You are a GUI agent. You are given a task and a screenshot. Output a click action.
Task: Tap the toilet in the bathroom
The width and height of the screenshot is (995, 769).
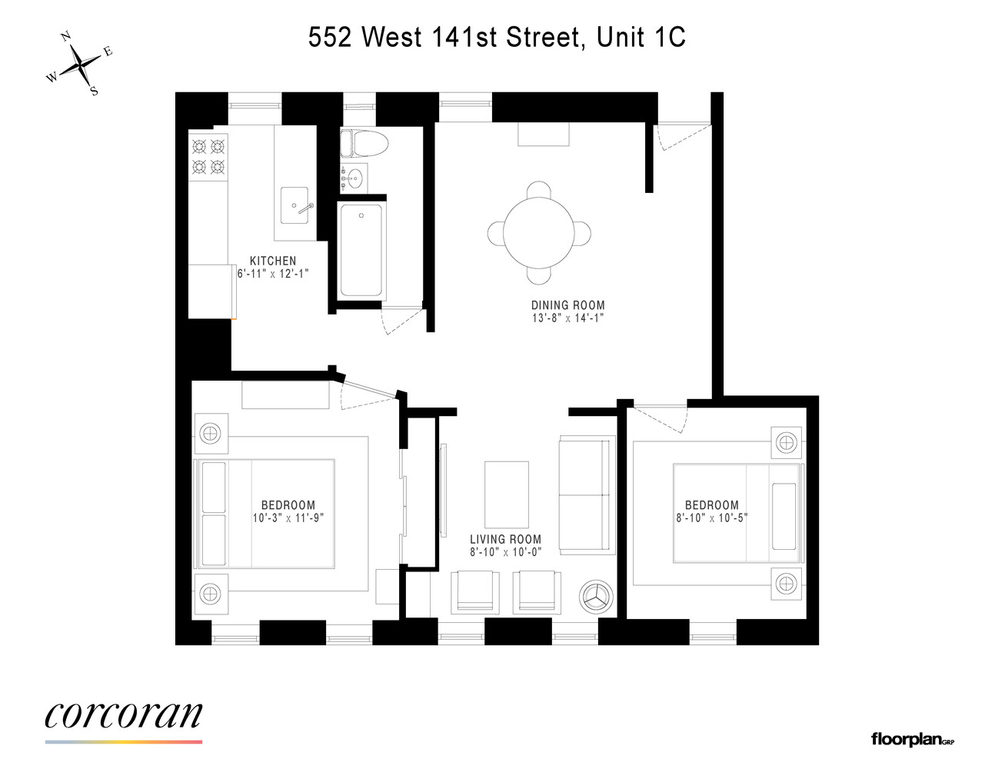(364, 143)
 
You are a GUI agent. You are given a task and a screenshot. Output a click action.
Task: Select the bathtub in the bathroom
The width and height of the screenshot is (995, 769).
(361, 251)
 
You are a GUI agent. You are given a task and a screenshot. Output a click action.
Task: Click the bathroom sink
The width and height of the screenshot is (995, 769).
(353, 178)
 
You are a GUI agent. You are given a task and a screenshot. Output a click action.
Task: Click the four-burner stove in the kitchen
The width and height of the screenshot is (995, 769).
(208, 156)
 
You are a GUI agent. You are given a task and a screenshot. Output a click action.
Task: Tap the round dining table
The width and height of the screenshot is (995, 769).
(538, 233)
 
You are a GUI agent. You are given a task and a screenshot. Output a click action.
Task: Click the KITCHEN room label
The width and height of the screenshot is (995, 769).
(273, 261)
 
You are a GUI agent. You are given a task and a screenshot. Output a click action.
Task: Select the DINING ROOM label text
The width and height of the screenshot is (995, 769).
(567, 305)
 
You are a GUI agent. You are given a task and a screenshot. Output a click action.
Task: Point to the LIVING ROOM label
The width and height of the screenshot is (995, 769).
(505, 539)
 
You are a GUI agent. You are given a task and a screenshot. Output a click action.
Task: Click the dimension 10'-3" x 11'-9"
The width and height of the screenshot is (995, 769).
(288, 518)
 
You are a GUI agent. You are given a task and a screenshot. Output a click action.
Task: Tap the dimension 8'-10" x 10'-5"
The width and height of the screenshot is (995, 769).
(711, 518)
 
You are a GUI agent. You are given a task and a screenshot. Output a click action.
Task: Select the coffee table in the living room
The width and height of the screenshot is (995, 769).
(506, 494)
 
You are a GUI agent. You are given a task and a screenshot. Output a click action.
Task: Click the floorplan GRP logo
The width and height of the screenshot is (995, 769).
(912, 740)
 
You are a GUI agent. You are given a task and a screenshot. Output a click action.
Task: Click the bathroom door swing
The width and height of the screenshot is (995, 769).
(401, 320)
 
